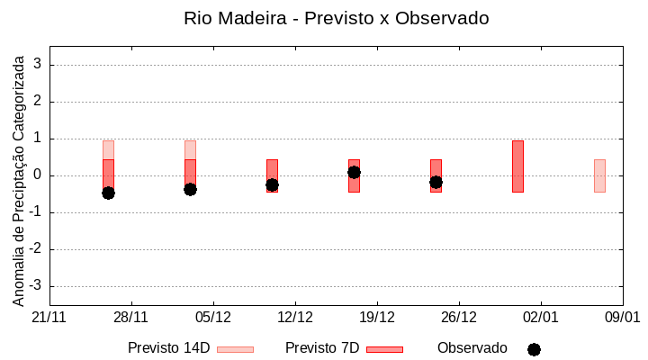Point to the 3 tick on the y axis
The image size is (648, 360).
pos(39,65)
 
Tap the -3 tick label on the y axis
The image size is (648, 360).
pos(36,286)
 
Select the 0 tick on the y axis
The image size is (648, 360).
pos(39,175)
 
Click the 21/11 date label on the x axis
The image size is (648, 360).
pos(49,318)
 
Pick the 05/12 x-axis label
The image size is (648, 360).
pos(213,318)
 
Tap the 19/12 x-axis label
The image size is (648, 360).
pos(377,318)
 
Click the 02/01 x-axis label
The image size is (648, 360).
pos(541,318)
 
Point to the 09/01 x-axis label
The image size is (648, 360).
pos(622,318)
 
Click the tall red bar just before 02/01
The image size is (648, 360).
pos(517,166)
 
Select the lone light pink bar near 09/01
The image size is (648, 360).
pos(599,175)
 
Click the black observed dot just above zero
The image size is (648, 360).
pos(354,172)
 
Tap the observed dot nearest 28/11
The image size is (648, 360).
pos(108,193)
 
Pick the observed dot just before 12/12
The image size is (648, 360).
pos(272,184)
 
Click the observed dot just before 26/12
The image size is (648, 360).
pos(436,182)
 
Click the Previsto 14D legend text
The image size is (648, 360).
pos(168,348)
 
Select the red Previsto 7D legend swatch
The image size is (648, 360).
pos(384,349)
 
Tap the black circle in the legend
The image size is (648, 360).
pos(534,349)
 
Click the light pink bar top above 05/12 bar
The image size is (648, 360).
pos(190,149)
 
